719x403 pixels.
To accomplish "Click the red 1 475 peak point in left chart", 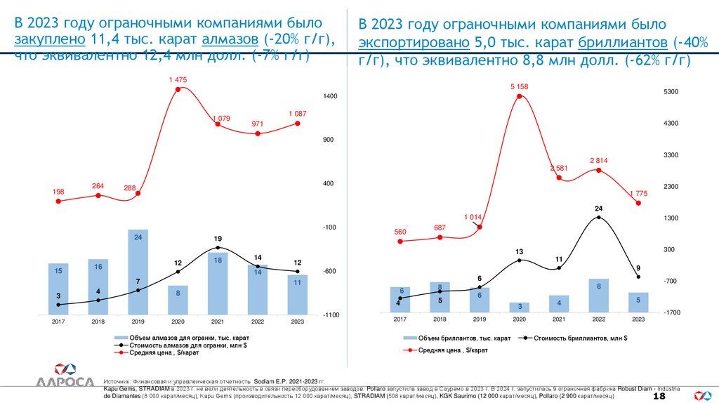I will (178, 89).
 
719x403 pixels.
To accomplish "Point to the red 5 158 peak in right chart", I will (519, 95).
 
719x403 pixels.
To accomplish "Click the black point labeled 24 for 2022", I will (598, 218).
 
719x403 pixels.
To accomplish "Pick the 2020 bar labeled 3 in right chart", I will (519, 308).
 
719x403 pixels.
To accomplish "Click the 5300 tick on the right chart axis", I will (671, 92).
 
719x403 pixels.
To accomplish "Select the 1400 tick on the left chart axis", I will (331, 96).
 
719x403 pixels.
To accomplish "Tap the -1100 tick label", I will (331, 315).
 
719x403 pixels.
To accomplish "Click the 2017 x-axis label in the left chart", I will (58, 322).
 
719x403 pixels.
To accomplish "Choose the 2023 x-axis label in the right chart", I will (638, 319).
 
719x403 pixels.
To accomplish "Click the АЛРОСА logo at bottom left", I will (65, 376).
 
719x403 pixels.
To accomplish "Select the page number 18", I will (659, 397).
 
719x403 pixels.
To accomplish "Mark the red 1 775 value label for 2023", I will (638, 193).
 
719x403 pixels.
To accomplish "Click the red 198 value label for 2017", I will (58, 192).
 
